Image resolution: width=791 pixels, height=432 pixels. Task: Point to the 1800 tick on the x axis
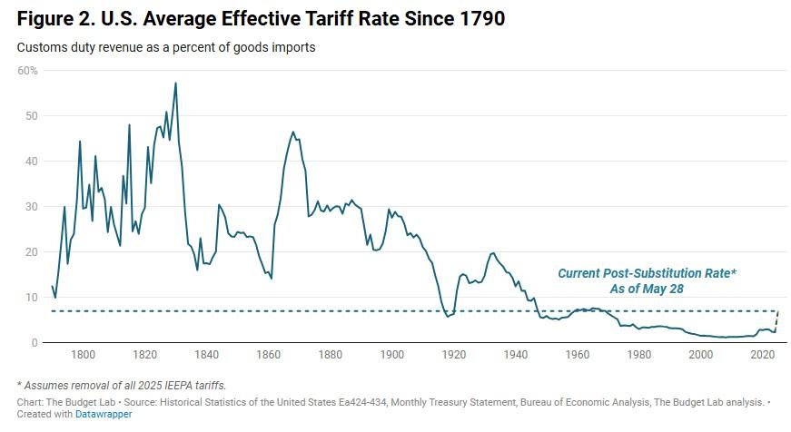coord(83,355)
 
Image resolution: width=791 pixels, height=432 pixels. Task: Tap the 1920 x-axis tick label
coord(454,355)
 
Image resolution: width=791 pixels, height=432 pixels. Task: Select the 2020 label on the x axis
coord(763,355)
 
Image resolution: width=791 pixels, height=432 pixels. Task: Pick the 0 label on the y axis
coord(34,342)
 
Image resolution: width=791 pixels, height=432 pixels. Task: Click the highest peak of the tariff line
coord(175,83)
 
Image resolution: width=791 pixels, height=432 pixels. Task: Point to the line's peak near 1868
coord(293,132)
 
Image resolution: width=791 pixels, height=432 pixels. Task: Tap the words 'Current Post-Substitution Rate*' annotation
coord(646,273)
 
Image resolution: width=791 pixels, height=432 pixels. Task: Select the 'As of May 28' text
coord(646,289)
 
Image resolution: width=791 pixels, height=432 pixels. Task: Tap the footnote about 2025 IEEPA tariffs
coord(123,385)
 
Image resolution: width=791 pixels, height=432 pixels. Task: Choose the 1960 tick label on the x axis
coord(578,355)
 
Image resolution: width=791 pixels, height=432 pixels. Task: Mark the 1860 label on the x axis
coord(268,355)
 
